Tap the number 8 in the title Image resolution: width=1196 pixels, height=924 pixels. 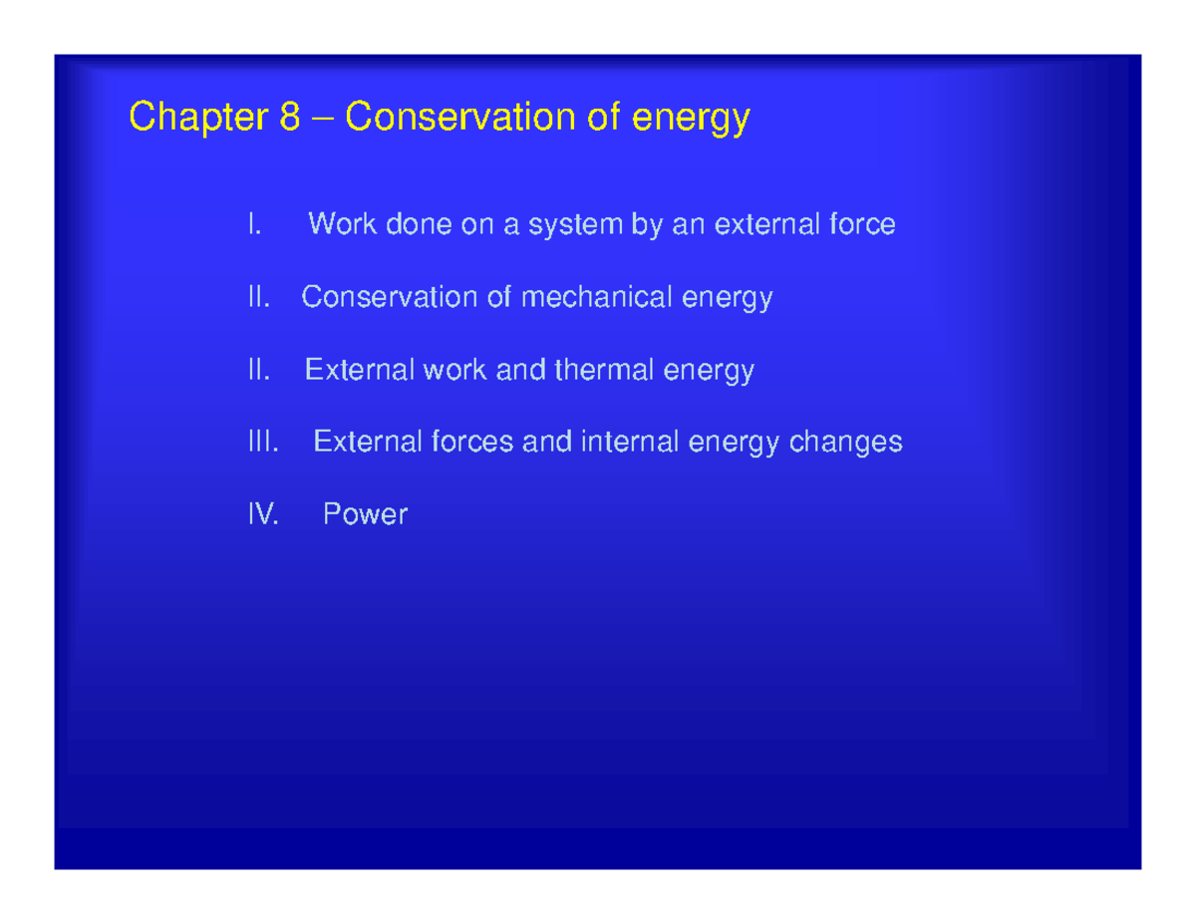tap(290, 119)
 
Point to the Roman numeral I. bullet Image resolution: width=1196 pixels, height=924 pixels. tap(254, 225)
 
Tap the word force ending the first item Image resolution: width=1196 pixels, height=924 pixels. tap(862, 225)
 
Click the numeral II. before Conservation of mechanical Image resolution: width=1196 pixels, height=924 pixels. tap(259, 298)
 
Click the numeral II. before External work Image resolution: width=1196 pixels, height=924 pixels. tap(259, 371)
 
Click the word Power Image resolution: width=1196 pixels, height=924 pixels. tap(365, 515)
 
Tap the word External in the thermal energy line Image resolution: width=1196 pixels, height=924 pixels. tap(359, 371)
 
